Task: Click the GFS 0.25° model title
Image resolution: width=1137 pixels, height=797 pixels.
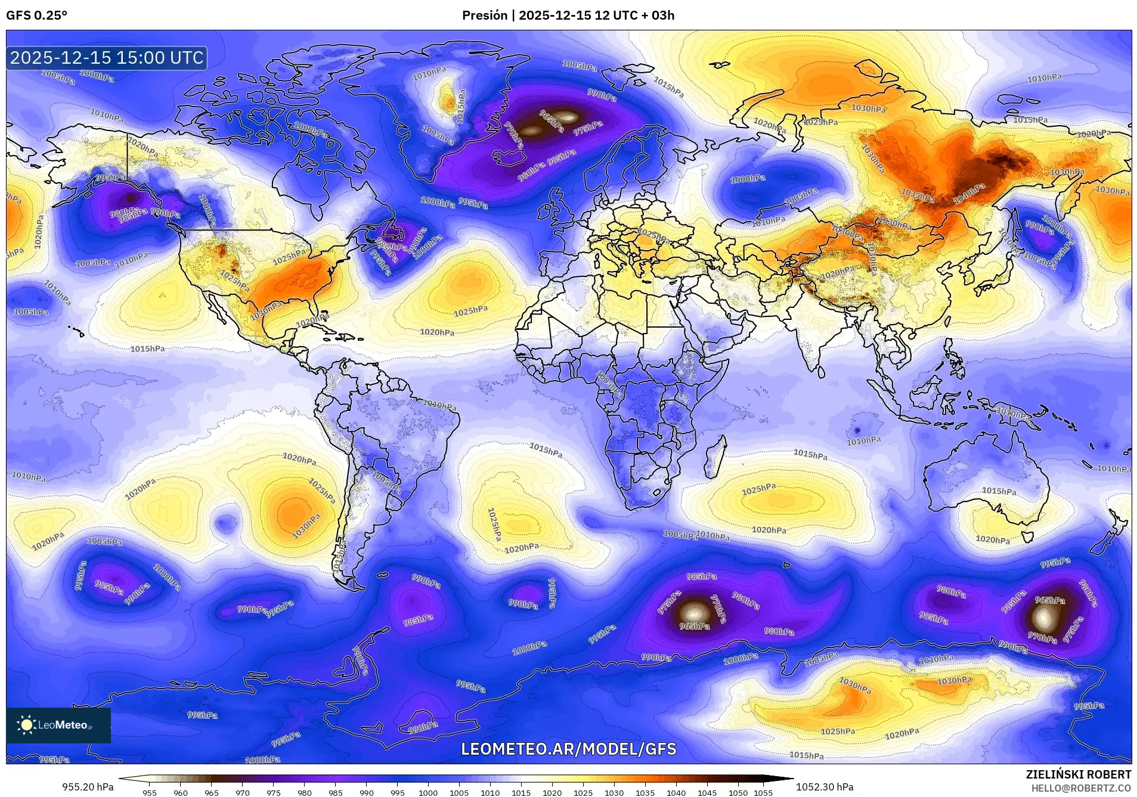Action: pyautogui.click(x=36, y=15)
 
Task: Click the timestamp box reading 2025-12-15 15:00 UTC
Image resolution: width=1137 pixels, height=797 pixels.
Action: pyautogui.click(x=107, y=58)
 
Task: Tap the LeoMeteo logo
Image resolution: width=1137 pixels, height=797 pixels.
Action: pyautogui.click(x=58, y=725)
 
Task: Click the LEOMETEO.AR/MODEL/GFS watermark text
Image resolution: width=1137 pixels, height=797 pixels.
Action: pyautogui.click(x=568, y=749)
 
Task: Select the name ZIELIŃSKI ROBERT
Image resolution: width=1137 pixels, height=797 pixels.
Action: pyautogui.click(x=1078, y=774)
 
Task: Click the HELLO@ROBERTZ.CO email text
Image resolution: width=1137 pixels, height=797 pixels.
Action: pyautogui.click(x=1081, y=787)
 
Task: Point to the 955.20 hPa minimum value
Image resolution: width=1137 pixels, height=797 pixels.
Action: pyautogui.click(x=88, y=787)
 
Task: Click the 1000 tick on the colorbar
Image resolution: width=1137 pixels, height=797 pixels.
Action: pyautogui.click(x=428, y=793)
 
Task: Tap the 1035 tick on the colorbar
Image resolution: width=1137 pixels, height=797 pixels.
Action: pyautogui.click(x=645, y=793)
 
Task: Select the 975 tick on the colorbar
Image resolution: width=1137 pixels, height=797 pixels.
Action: pyautogui.click(x=273, y=793)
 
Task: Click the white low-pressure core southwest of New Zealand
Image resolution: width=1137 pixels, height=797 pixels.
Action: pyautogui.click(x=1043, y=618)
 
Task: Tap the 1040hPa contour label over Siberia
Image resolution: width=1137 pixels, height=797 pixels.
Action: pyautogui.click(x=969, y=194)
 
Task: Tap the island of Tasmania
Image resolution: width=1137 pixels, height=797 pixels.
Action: pyautogui.click(x=1027, y=537)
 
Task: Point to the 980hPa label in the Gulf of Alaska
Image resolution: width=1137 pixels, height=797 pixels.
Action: pyautogui.click(x=125, y=213)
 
